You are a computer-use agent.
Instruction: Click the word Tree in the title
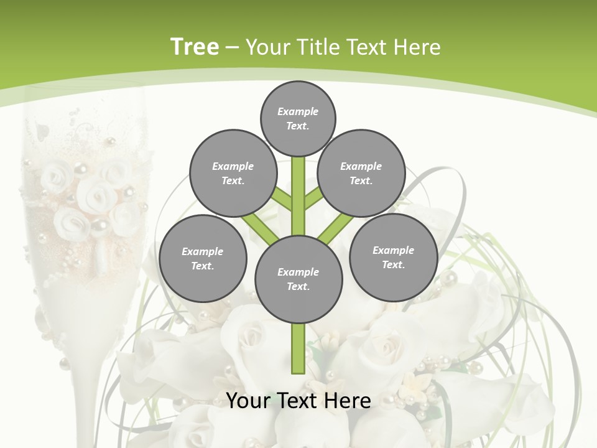pyautogui.click(x=195, y=47)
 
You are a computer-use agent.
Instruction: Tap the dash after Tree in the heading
pyautogui.click(x=233, y=48)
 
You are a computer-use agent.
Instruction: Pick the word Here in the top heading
pyautogui.click(x=420, y=47)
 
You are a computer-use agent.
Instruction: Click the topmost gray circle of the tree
pyautogui.click(x=298, y=118)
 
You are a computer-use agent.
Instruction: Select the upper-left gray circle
pyautogui.click(x=233, y=173)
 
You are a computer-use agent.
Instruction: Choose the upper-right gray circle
pyautogui.click(x=361, y=173)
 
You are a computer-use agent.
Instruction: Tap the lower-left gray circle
pyautogui.click(x=203, y=258)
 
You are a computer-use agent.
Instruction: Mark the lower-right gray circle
pyautogui.click(x=393, y=257)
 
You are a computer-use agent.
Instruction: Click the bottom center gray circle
pyautogui.click(x=298, y=279)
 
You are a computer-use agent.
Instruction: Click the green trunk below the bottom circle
pyautogui.click(x=298, y=348)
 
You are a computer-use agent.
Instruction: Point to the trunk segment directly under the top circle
pyautogui.click(x=298, y=187)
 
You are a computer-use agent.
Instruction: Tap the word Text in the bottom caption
pyautogui.click(x=297, y=400)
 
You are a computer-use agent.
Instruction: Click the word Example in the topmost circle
pyautogui.click(x=298, y=111)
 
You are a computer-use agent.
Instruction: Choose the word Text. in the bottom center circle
pyautogui.click(x=298, y=286)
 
